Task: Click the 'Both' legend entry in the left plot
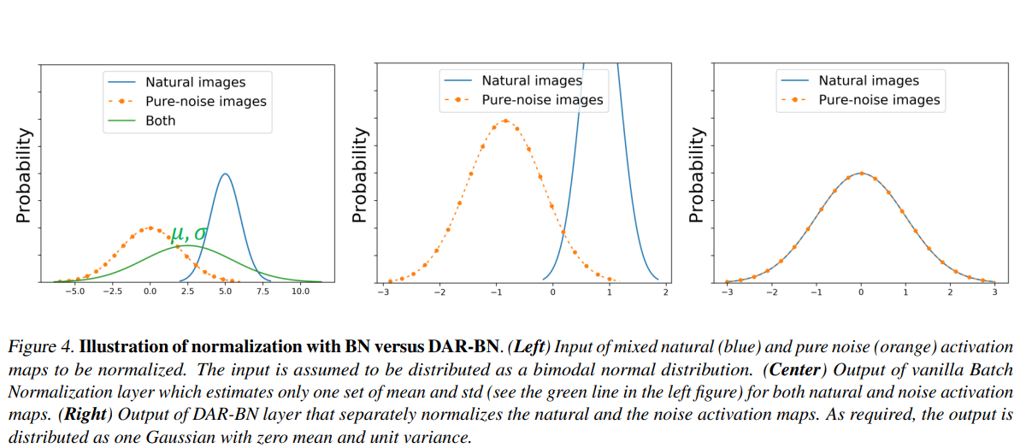click(x=160, y=121)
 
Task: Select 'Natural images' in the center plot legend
click(x=531, y=80)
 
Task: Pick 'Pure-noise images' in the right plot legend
click(x=879, y=100)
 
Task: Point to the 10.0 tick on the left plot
click(x=300, y=292)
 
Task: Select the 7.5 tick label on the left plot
click(x=262, y=292)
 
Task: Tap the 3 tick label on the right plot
click(x=994, y=292)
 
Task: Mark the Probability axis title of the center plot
click(x=361, y=176)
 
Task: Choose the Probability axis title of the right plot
click(x=698, y=176)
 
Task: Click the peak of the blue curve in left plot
click(x=225, y=174)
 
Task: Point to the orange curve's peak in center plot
click(x=504, y=121)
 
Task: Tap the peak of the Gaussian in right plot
click(x=861, y=173)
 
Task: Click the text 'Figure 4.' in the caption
click(x=40, y=348)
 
